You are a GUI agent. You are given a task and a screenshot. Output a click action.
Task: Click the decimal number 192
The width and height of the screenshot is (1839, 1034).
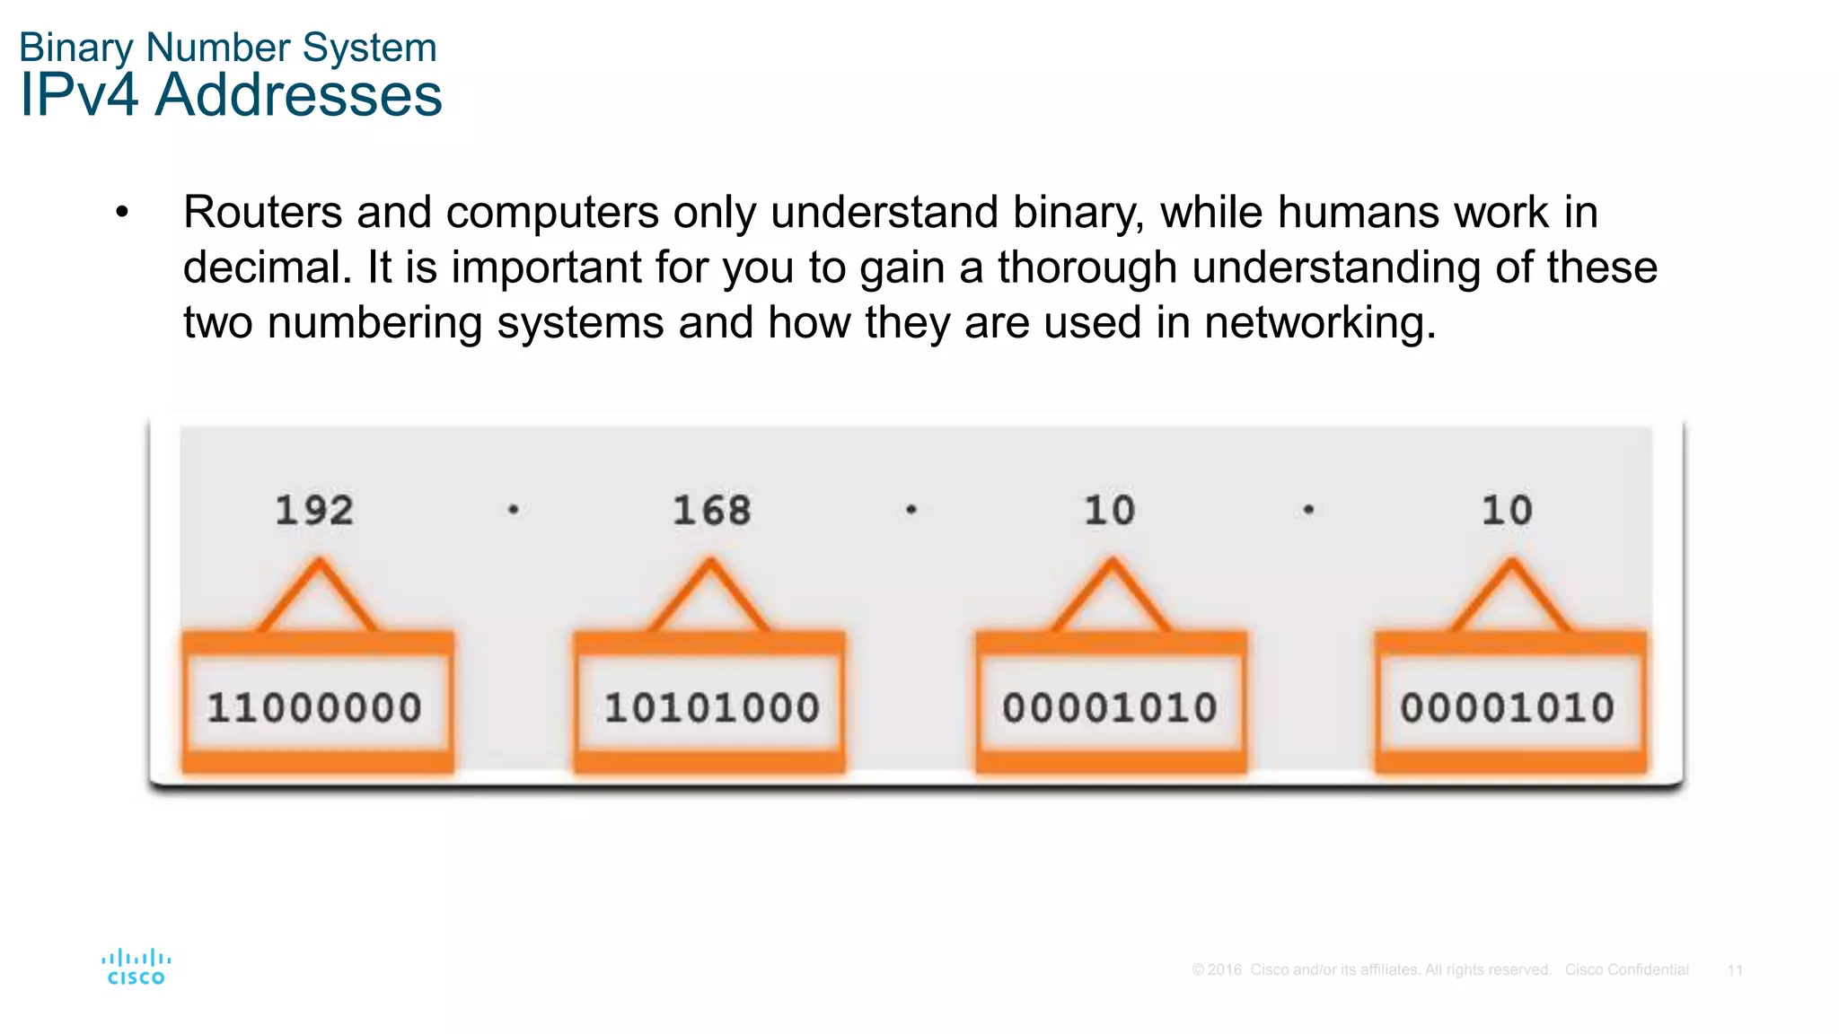tap(314, 511)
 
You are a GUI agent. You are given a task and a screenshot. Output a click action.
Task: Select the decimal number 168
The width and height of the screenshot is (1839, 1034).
tap(711, 511)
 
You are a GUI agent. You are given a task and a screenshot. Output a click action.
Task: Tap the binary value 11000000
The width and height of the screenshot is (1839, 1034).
tap(314, 708)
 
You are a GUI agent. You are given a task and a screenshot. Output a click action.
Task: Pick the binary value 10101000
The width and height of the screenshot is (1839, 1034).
tap(711, 708)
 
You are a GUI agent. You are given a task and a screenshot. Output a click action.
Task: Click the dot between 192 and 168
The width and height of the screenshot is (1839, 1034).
tap(513, 510)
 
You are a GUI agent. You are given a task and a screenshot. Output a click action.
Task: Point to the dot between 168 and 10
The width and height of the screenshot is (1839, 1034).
tap(911, 510)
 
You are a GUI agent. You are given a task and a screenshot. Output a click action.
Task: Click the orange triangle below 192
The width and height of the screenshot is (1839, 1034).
tap(319, 597)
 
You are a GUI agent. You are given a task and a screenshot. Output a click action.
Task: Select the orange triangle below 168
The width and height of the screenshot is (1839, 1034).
tap(710, 597)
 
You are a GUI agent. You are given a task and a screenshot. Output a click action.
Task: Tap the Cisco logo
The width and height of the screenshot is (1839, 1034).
tap(136, 967)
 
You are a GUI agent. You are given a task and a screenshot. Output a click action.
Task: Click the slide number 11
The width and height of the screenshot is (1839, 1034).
tap(1735, 970)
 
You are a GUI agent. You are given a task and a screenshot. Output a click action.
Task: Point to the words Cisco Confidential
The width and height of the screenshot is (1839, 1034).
tap(1626, 970)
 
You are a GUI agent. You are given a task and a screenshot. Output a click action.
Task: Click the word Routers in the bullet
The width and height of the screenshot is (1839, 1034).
tap(262, 213)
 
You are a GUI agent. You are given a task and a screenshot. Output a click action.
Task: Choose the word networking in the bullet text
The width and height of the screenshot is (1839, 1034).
tap(1319, 322)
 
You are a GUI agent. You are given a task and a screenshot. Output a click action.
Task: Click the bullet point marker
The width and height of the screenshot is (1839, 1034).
tap(122, 213)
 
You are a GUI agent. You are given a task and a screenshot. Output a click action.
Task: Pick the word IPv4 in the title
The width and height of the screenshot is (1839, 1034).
tap(79, 95)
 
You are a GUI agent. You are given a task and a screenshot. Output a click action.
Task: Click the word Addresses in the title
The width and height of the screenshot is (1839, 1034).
tap(298, 95)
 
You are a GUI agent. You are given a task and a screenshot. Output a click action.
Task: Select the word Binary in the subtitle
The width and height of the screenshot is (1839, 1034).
tap(75, 48)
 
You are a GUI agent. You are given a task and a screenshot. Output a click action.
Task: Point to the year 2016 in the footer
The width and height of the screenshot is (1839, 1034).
tap(1224, 970)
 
